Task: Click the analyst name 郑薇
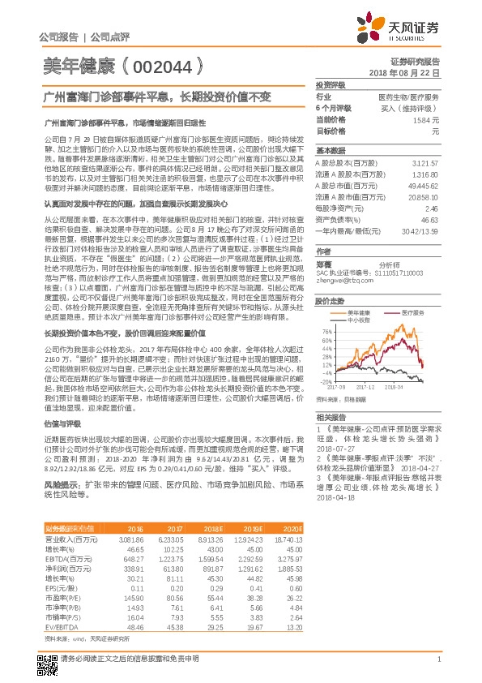coord(323,264)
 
